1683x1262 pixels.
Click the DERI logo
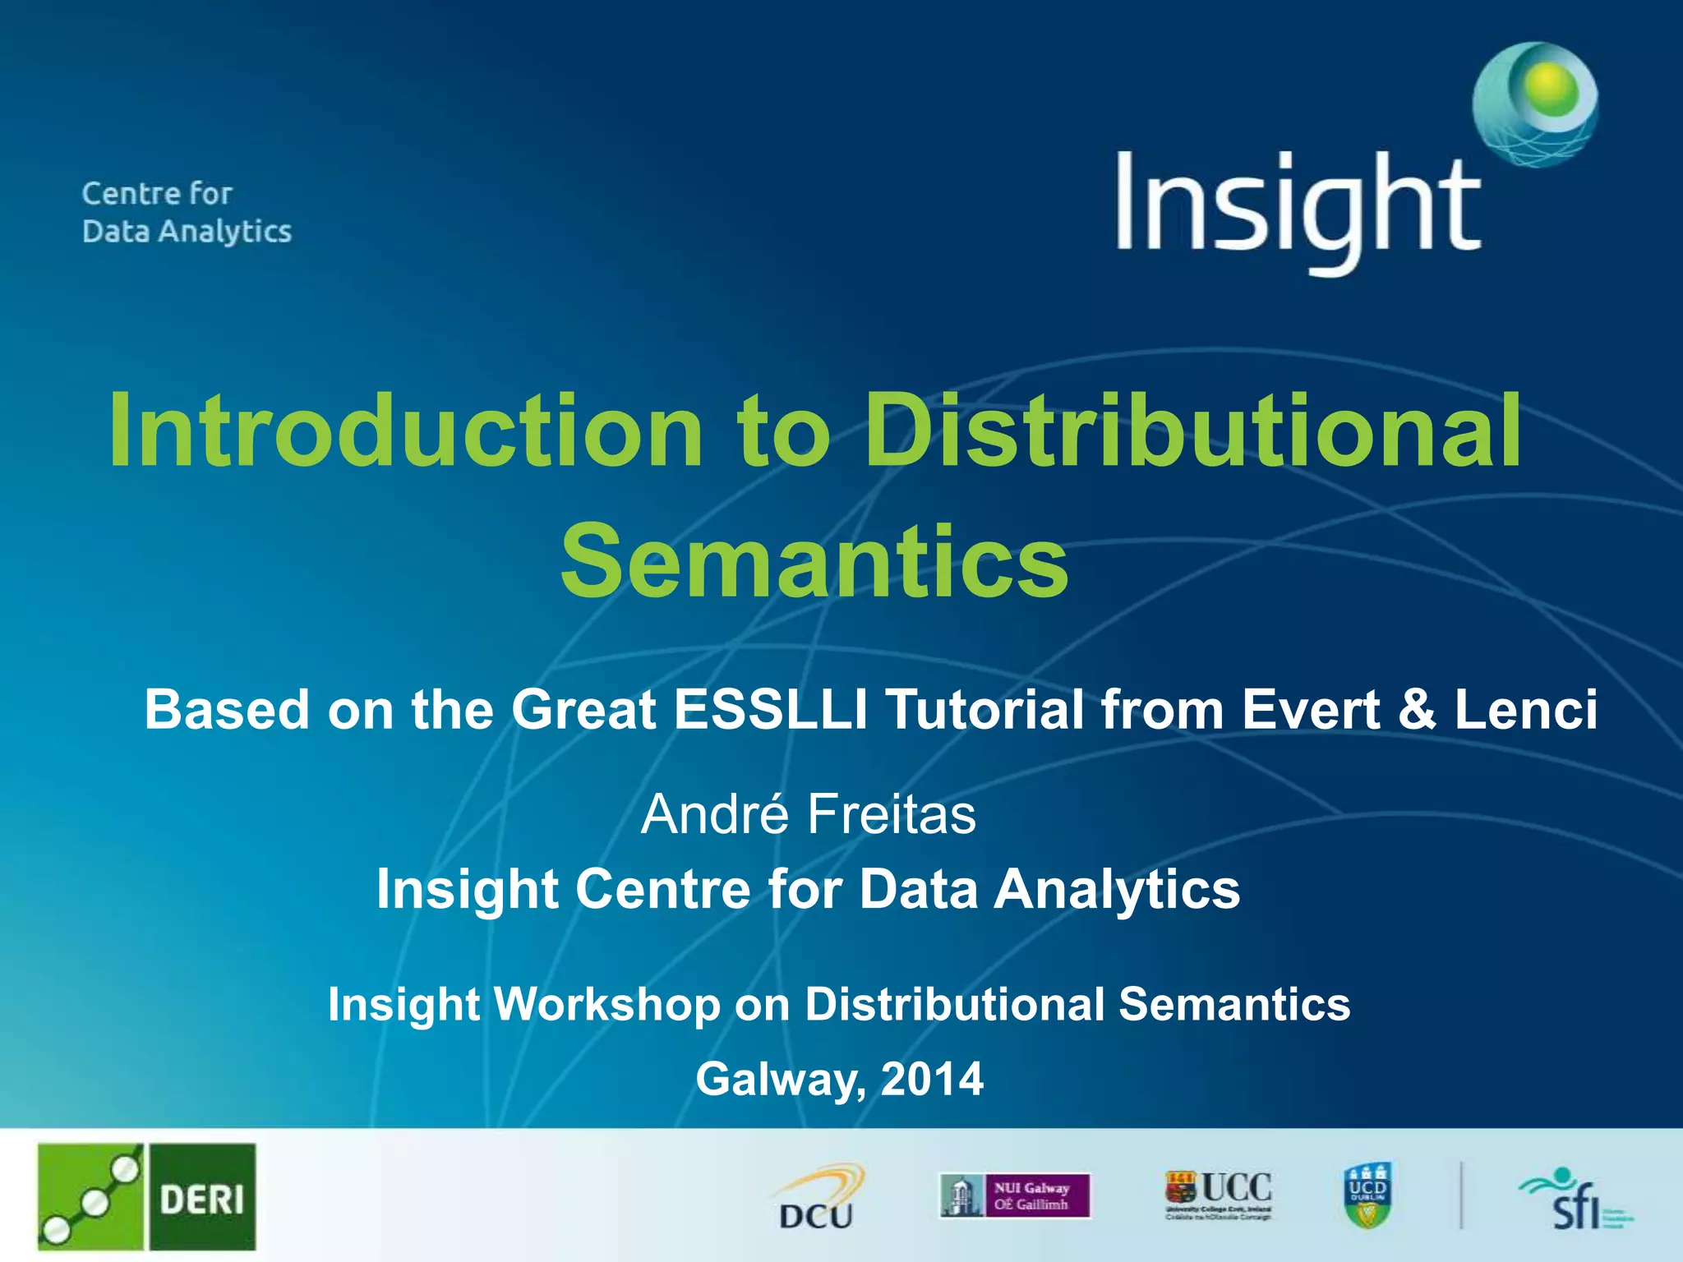pyautogui.click(x=146, y=1196)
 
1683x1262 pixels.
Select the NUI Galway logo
pyautogui.click(x=1015, y=1195)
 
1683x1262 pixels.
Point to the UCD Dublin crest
pyautogui.click(x=1367, y=1195)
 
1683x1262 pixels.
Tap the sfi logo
pyautogui.click(x=1574, y=1200)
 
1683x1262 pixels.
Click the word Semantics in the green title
pyautogui.click(x=814, y=561)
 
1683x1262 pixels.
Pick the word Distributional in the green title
pyautogui.click(x=1192, y=431)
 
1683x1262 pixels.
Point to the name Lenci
pyautogui.click(x=1526, y=709)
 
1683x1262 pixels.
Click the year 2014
pyautogui.click(x=932, y=1079)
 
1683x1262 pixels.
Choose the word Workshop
pyautogui.click(x=607, y=1004)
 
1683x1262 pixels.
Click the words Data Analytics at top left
pyautogui.click(x=187, y=232)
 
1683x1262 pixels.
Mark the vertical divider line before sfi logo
pyautogui.click(x=1461, y=1195)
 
